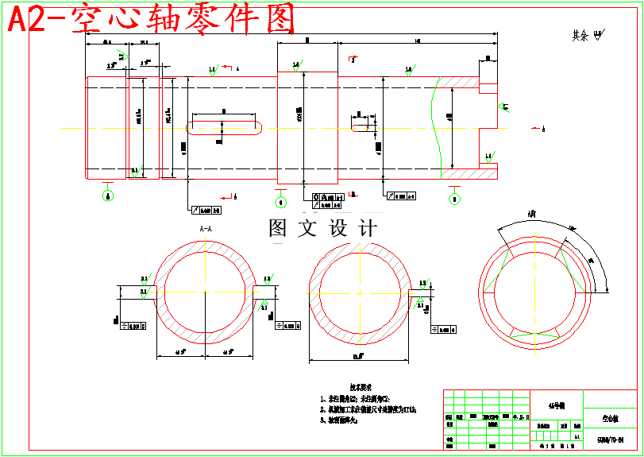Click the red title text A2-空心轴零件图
(151, 20)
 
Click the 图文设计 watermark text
(322, 228)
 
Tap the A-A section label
(206, 229)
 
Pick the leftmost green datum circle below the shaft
(108, 196)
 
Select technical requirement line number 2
(369, 409)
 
